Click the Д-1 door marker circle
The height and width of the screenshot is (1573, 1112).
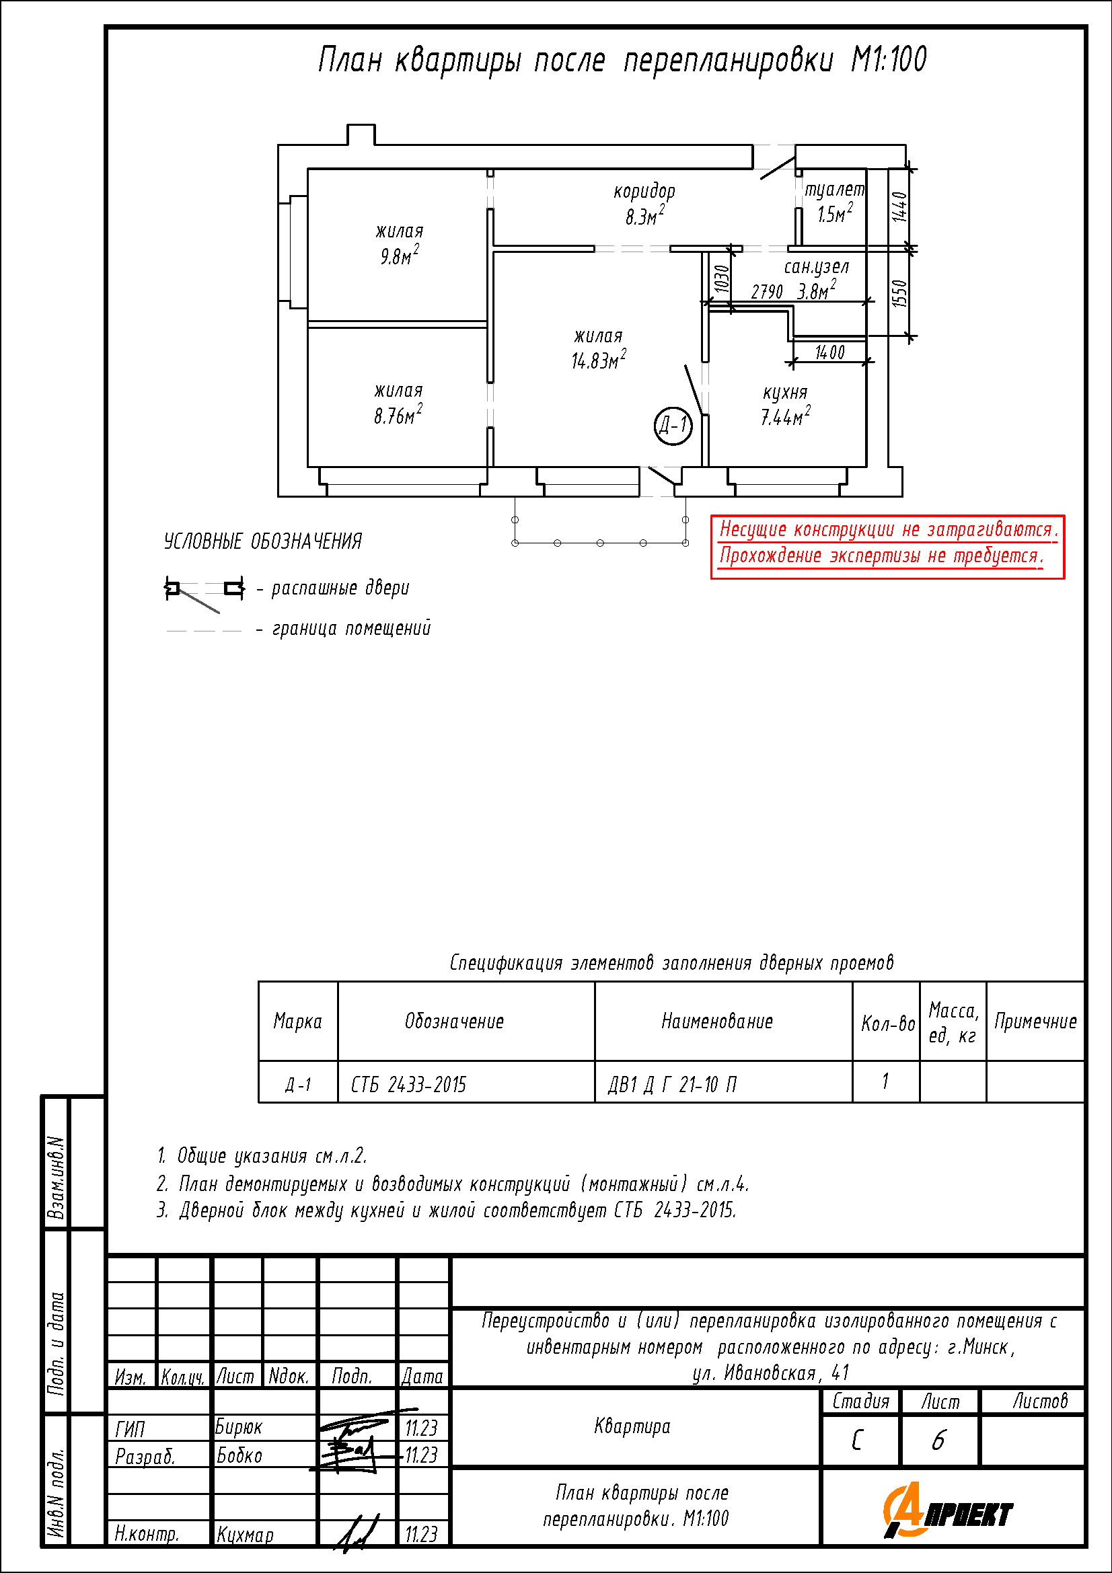[x=673, y=426]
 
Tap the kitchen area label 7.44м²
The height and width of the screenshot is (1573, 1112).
[x=785, y=415]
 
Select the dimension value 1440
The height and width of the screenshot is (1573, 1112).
[x=899, y=206]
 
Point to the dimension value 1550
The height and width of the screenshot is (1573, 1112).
[x=899, y=293]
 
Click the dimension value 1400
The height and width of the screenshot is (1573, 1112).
[x=829, y=352]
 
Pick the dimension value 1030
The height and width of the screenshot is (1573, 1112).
[x=721, y=279]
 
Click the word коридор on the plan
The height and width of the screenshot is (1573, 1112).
[x=644, y=191]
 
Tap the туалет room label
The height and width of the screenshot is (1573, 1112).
[x=833, y=189]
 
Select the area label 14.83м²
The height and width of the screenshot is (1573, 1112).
[x=598, y=359]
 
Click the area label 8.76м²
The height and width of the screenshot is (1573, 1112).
[x=398, y=414]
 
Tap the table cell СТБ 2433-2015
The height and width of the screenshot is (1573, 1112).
[x=408, y=1085]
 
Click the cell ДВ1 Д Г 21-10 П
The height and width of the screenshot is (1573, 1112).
[x=672, y=1085]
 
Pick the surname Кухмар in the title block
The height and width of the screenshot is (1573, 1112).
[x=245, y=1535]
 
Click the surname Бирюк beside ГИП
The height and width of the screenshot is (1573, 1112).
[x=238, y=1426]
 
